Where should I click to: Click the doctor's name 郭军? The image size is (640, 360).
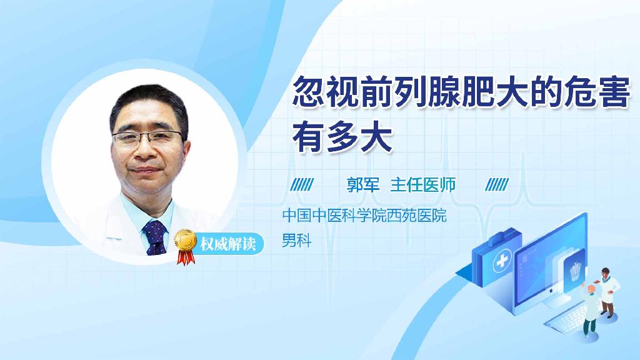coord(363,184)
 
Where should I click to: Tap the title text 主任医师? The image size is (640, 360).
coord(422,184)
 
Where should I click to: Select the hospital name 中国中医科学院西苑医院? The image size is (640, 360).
coord(364,216)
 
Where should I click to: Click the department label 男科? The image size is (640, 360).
coord(296,240)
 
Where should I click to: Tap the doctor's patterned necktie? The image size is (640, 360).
coord(155,237)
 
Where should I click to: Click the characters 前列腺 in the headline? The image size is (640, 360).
coord(412,96)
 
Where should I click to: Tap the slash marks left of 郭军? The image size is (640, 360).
coord(303,184)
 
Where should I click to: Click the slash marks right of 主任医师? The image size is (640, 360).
coord(497,184)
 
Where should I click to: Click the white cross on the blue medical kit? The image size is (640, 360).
coord(501,263)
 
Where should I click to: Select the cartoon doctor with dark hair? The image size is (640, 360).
coord(607,290)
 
